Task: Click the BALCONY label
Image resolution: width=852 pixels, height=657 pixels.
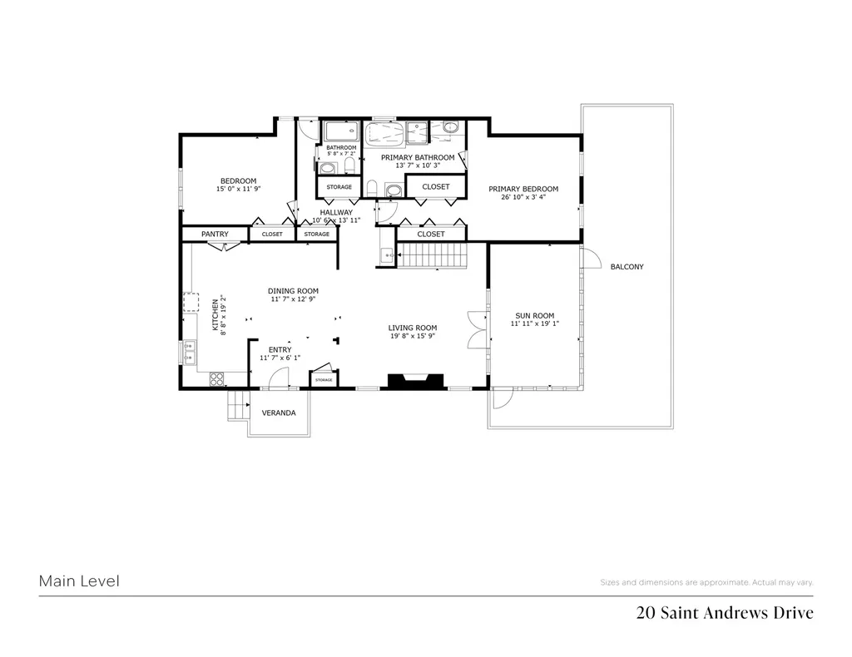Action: [x=627, y=267]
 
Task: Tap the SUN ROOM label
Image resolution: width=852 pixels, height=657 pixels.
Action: [x=532, y=316]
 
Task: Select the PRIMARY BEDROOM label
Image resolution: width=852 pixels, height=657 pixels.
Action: [x=523, y=189]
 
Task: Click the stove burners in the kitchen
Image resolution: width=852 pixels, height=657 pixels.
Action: [x=216, y=379]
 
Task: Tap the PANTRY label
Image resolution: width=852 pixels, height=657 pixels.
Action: [x=215, y=235]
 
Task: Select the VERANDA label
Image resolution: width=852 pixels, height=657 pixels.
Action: [x=279, y=412]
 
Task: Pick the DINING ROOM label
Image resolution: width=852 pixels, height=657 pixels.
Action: [x=293, y=291]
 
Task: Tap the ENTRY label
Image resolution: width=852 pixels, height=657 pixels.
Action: [x=280, y=349]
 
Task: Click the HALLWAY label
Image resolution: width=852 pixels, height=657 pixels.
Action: [x=336, y=213]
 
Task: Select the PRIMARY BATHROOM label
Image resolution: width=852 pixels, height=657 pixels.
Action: [x=418, y=157]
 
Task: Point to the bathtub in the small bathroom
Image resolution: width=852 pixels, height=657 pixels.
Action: [x=339, y=132]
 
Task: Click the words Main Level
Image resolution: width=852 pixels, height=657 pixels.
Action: [x=79, y=581]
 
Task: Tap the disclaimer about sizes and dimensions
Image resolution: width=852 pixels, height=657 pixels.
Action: [x=706, y=582]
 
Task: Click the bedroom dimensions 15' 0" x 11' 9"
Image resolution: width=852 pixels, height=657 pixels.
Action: [x=238, y=190]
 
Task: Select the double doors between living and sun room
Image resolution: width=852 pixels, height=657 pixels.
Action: [x=476, y=329]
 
